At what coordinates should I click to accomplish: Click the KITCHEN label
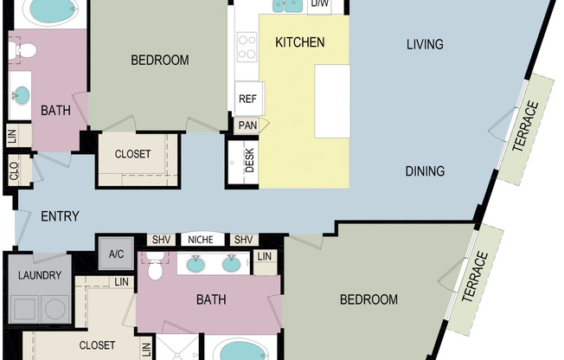coord(299,42)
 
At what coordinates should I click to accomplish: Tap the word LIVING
coord(425,44)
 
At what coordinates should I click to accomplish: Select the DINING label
coord(425,171)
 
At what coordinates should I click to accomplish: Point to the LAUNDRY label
coord(39,276)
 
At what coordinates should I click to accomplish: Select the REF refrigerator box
coord(248,99)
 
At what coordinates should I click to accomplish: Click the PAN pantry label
coord(247,125)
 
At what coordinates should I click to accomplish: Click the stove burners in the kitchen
coord(247,43)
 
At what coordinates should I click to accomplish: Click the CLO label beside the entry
coord(14,171)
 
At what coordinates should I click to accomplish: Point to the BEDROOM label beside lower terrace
coord(369,300)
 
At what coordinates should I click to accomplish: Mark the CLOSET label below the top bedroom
coord(133,154)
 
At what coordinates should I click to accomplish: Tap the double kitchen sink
coord(288,6)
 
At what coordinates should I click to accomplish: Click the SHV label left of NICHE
coord(162,240)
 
